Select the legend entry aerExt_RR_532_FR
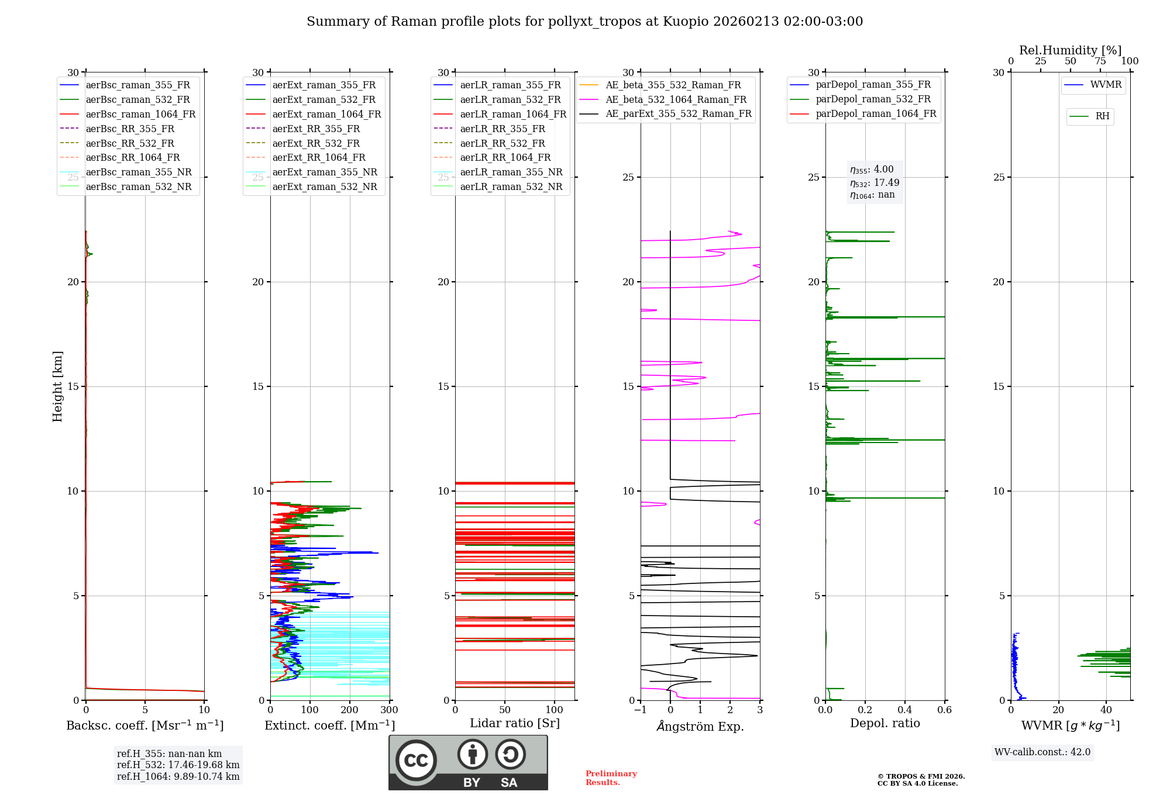[x=316, y=143]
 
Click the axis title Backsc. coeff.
[x=144, y=725]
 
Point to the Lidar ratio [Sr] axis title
[x=514, y=723]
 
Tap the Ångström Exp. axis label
[x=700, y=727]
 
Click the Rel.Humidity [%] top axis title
[x=1070, y=50]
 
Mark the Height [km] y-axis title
[x=57, y=386]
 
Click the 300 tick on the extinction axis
[x=389, y=710]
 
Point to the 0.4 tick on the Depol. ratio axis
[x=904, y=710]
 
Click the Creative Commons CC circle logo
[x=416, y=760]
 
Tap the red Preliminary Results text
[x=611, y=778]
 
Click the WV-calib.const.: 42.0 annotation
[x=1042, y=752]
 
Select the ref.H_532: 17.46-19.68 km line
[x=178, y=765]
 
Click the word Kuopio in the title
[x=686, y=22]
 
